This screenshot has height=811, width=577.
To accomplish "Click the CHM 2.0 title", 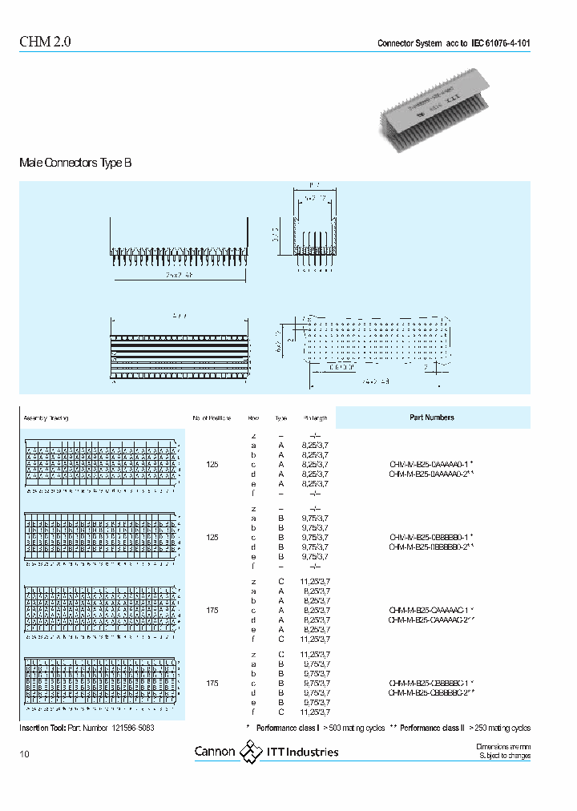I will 45,43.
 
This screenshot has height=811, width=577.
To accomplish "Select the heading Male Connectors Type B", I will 75,163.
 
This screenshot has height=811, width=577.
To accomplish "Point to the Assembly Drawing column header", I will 46,418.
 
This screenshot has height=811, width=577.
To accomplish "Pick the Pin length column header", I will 315,418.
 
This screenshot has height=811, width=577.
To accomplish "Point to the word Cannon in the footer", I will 215,752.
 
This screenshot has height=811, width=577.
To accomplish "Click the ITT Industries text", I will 303,752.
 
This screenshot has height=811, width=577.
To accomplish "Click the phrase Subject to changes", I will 505,756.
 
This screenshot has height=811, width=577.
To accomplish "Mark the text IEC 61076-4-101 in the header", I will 500,43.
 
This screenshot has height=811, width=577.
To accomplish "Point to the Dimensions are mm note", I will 503,747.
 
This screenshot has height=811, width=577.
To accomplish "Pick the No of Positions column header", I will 212,418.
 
